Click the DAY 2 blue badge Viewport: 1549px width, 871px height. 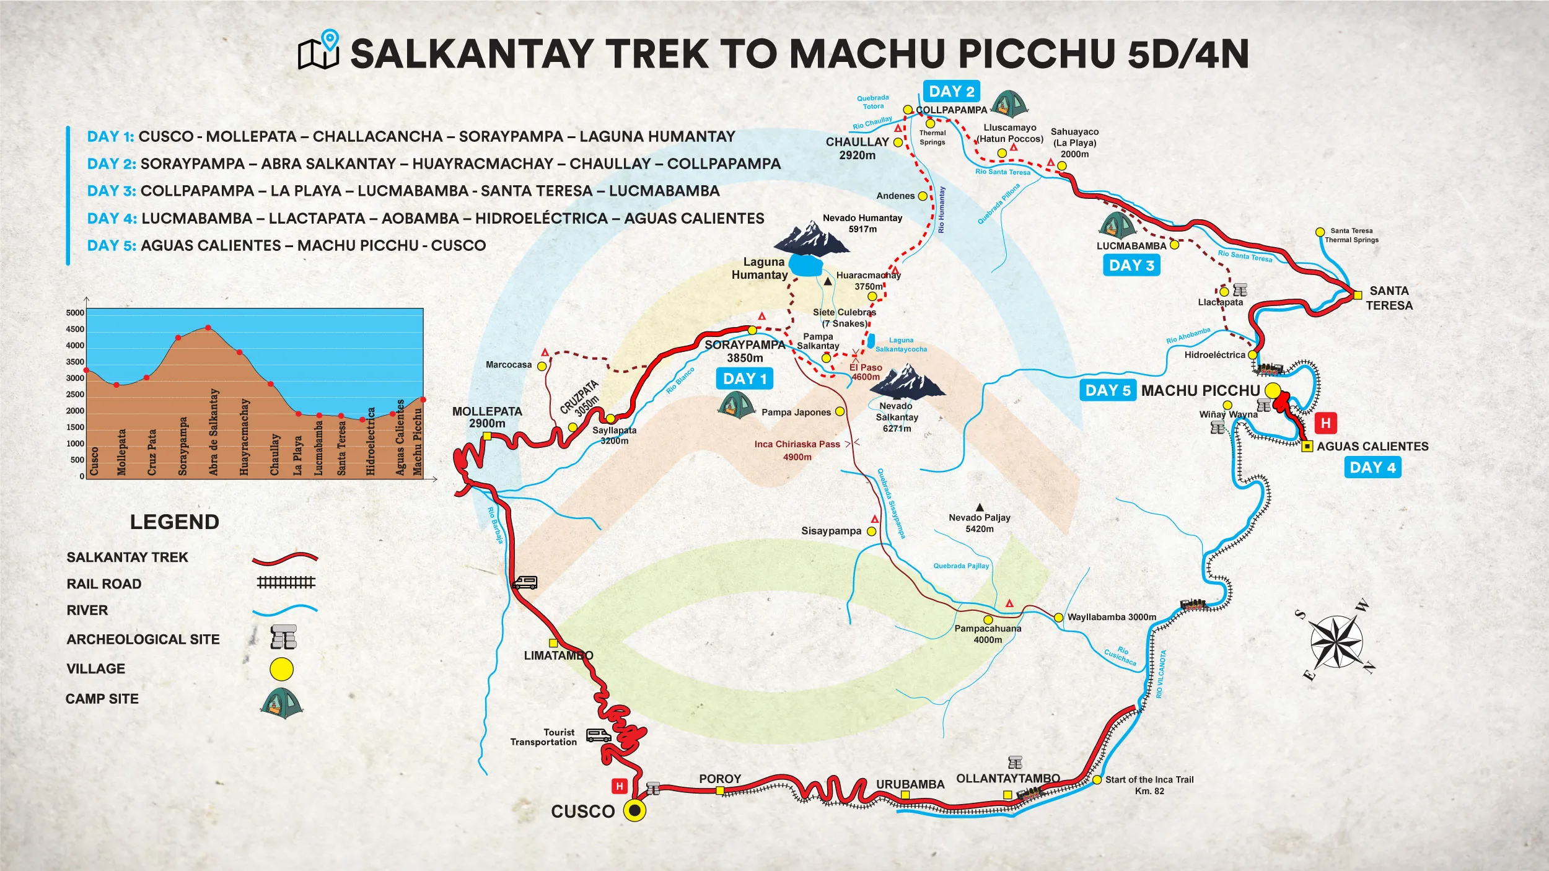pyautogui.click(x=951, y=92)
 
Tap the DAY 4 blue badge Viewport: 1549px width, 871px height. pyautogui.click(x=1372, y=468)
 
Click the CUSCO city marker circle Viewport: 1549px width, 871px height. pyautogui.click(x=634, y=810)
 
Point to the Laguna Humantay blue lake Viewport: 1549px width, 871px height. pyautogui.click(x=806, y=266)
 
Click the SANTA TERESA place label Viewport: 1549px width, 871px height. pyautogui.click(x=1389, y=298)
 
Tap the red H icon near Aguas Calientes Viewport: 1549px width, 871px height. pyautogui.click(x=1325, y=423)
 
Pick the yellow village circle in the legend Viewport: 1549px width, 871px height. pyautogui.click(x=282, y=669)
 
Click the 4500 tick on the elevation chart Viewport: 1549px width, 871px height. pyautogui.click(x=75, y=330)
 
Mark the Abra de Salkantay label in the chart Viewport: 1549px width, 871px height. pyautogui.click(x=214, y=432)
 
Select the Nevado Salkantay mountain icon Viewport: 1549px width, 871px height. pyautogui.click(x=907, y=380)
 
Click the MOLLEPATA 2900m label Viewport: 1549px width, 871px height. pyautogui.click(x=487, y=418)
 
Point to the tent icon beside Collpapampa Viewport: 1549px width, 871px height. pyautogui.click(x=1009, y=104)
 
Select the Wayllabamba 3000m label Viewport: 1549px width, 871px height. pyautogui.click(x=1112, y=617)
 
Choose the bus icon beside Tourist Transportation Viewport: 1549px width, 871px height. pyautogui.click(x=599, y=735)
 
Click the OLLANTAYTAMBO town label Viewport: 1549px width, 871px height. pyautogui.click(x=1008, y=779)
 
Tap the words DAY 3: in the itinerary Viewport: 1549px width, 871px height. pyautogui.click(x=112, y=191)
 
